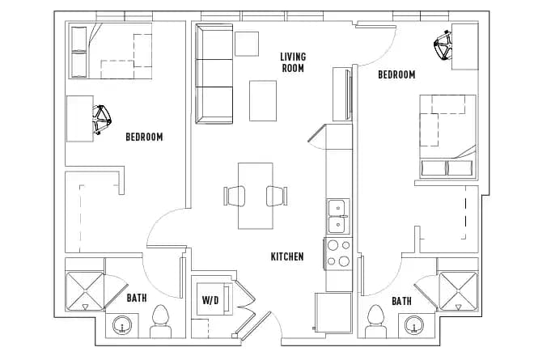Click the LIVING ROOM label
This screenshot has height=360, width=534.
point(292,62)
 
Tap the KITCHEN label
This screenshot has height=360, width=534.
point(287,256)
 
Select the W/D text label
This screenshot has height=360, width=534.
point(210,300)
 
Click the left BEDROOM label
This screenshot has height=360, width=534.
point(144,137)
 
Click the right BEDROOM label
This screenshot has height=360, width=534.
point(396,74)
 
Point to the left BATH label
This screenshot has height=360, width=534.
point(137,299)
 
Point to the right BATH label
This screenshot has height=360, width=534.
point(401,301)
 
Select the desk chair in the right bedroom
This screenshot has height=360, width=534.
point(443,47)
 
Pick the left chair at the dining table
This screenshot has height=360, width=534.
point(234,196)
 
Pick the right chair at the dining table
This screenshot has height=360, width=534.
point(276,196)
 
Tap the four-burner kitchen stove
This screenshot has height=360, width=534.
point(337,252)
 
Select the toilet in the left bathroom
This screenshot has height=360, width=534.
point(160,321)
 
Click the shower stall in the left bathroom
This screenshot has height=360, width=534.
point(85,290)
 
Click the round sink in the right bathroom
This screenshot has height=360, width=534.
point(415,326)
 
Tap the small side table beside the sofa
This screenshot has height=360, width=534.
point(246,43)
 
